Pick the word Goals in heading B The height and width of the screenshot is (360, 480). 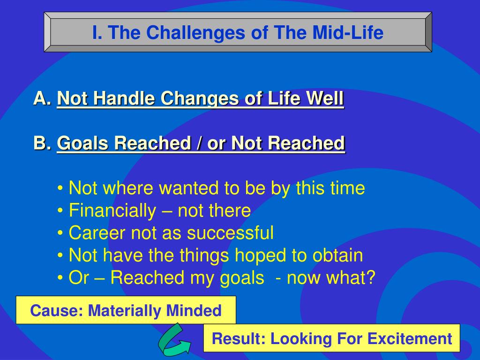tap(82, 143)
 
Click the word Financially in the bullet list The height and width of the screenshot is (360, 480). tap(112, 211)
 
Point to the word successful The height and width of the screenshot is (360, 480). tap(230, 233)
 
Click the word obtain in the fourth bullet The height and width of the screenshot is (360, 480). tap(337, 255)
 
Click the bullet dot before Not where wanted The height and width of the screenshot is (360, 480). tap(60, 188)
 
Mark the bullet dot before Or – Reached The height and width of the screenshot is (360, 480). tap(60, 278)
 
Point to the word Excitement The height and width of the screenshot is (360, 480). tap(410, 338)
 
